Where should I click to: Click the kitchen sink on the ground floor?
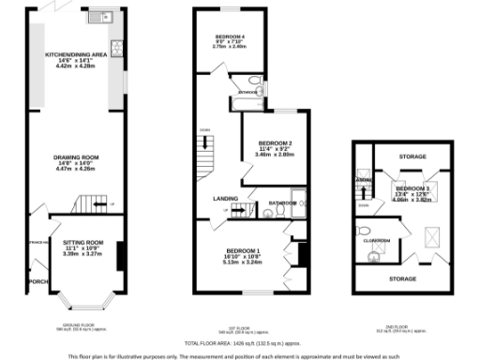(98, 17)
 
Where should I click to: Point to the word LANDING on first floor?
(224, 198)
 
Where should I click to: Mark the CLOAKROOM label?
(377, 241)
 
